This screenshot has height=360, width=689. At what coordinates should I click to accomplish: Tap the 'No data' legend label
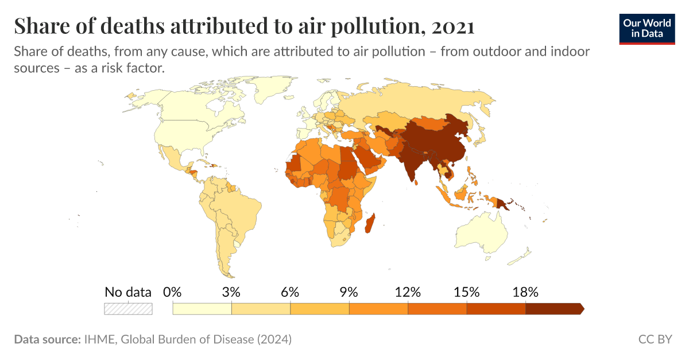click(128, 292)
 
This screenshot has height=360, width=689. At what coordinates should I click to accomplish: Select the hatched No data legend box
click(128, 308)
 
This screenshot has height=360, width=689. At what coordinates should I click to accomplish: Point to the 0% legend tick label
click(172, 292)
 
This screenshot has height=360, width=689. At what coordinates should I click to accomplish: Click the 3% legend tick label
click(231, 292)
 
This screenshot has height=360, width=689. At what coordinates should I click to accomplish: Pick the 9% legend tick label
click(349, 292)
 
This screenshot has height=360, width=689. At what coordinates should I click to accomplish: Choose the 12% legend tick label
click(408, 292)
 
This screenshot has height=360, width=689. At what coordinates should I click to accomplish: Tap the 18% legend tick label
click(526, 292)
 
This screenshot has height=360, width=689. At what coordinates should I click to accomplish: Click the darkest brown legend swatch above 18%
click(553, 308)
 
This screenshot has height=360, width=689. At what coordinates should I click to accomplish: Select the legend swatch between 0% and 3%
click(202, 308)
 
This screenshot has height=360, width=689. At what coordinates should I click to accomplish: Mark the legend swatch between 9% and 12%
click(379, 308)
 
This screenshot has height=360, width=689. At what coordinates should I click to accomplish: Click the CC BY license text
click(655, 339)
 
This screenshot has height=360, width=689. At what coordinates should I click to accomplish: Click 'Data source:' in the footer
click(47, 339)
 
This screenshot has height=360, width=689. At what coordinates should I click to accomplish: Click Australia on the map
click(482, 233)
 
